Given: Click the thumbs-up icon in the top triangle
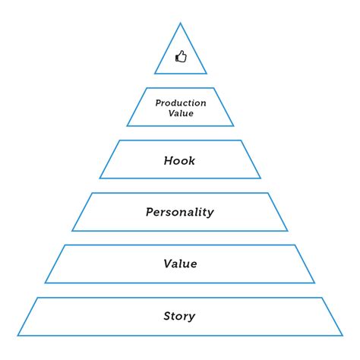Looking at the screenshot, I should click(180, 56).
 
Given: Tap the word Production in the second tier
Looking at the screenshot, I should click(180, 103).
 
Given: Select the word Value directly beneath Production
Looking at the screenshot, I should click(180, 113).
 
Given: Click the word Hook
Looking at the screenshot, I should click(180, 160).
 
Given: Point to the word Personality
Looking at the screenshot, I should click(180, 212).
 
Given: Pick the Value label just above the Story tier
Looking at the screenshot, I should click(180, 264).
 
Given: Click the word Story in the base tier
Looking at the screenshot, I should click(180, 316).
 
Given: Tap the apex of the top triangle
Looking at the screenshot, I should click(180, 24).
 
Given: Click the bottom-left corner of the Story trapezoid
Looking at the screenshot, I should click(18, 335).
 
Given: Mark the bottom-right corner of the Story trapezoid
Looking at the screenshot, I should click(343, 335).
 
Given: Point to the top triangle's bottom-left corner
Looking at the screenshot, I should click(155, 74).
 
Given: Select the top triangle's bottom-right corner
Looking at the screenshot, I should click(206, 74).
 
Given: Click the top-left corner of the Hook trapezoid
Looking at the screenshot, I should click(119, 141).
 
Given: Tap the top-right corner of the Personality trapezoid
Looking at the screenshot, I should click(268, 193).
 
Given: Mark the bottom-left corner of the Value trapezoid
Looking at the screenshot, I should click(46, 283).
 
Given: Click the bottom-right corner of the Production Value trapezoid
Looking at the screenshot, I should click(233, 125).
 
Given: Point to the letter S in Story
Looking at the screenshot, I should click(167, 316).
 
